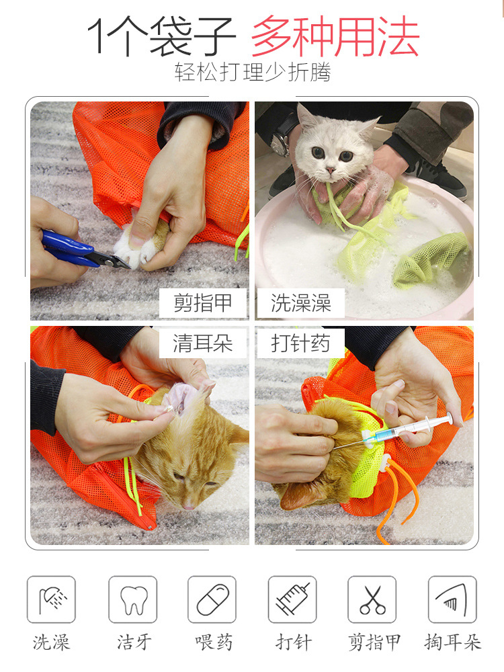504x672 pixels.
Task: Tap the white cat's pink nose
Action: pos(331,171)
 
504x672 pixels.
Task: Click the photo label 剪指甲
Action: pos(203,303)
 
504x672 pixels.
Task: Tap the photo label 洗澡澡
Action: pos(300,303)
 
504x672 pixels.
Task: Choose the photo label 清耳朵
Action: pos(203,343)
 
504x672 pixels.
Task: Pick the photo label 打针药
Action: pos(300,343)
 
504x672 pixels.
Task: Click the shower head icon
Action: pos(52,599)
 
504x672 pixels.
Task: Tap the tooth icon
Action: pos(133,599)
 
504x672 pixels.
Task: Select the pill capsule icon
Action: pos(212,599)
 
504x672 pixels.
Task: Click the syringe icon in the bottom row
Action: pos(292,599)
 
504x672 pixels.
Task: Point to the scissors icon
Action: pos(372,599)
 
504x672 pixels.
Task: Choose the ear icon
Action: pos(452,599)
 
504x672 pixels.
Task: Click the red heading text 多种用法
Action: pos(335,36)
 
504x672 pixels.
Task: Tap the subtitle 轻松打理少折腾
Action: pos(253,72)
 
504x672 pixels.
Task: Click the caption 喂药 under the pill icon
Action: pos(214,642)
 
